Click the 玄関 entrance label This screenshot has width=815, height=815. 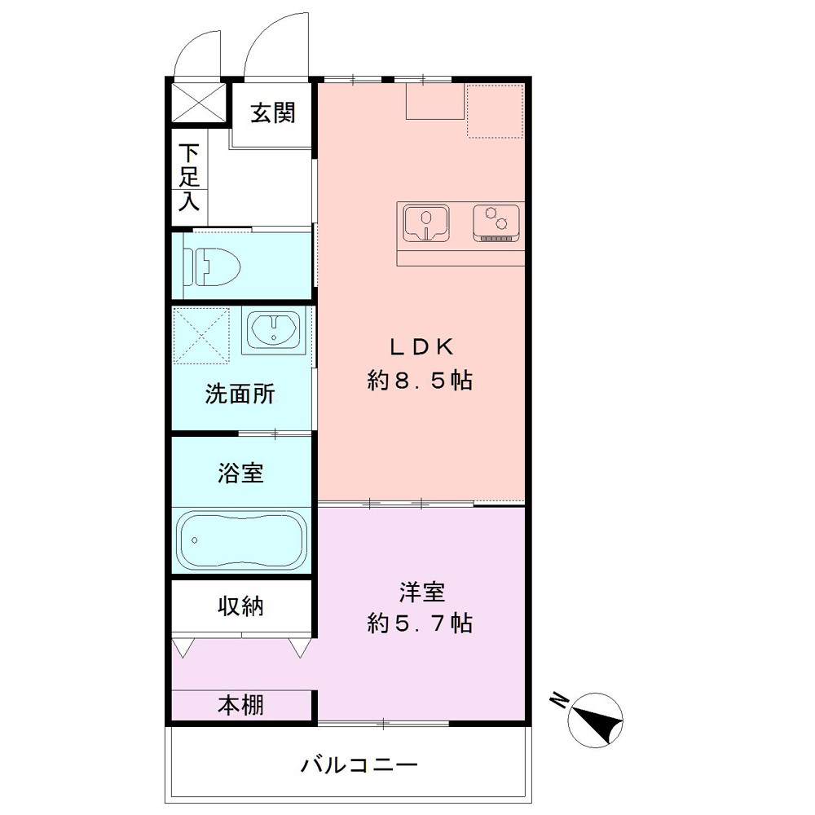(271, 113)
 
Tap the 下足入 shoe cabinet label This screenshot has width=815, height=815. (190, 177)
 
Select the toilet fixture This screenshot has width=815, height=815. (210, 267)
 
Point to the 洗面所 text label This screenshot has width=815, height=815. (240, 394)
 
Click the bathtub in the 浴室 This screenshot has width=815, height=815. (240, 540)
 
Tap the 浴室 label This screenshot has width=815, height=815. (240, 473)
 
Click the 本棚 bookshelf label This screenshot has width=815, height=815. (240, 705)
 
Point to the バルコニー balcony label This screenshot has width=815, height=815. (359, 765)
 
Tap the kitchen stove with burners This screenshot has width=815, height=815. (496, 222)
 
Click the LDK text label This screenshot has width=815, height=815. (420, 347)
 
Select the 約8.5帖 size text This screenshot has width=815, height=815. (420, 381)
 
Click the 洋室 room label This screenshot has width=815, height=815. (421, 590)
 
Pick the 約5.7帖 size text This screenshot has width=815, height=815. (420, 624)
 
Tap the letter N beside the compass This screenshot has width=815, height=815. (560, 699)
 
